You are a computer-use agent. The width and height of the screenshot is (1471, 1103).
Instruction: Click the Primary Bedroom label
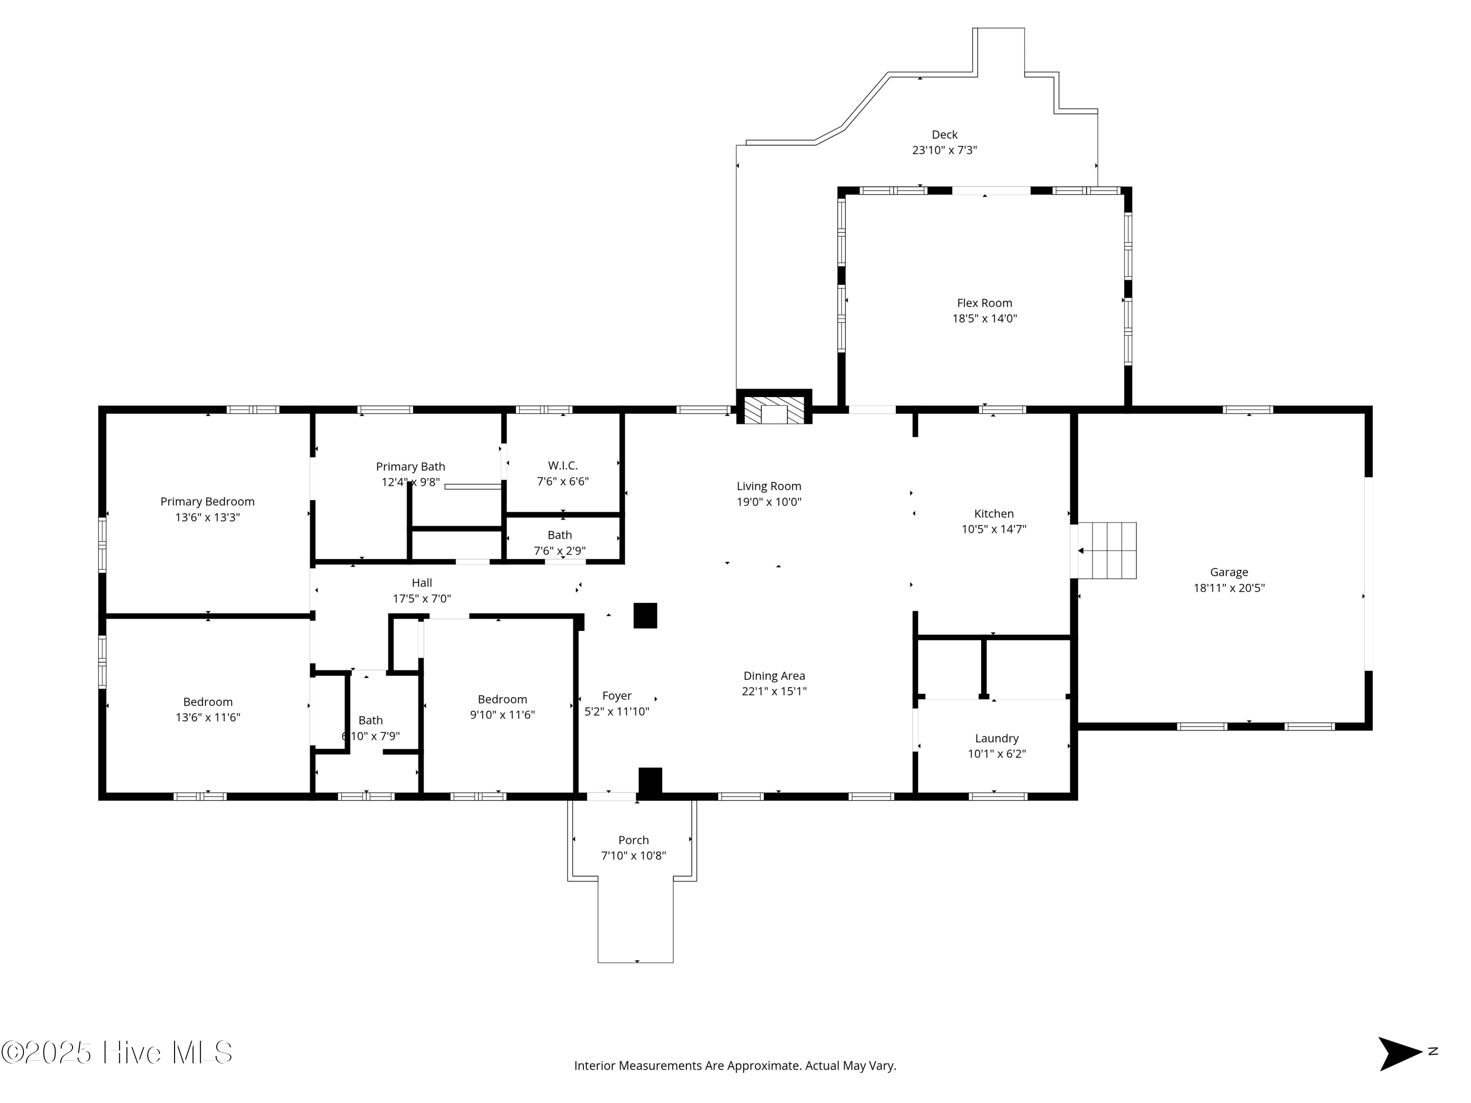pyautogui.click(x=207, y=502)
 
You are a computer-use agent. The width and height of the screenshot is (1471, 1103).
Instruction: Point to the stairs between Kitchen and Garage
pyautogui.click(x=1107, y=551)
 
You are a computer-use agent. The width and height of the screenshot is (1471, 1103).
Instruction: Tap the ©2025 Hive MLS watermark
pyautogui.click(x=117, y=1053)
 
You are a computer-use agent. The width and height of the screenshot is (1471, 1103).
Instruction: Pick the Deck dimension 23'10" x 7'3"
pyautogui.click(x=944, y=150)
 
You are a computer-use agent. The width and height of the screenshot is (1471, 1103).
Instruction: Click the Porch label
pyautogui.click(x=634, y=840)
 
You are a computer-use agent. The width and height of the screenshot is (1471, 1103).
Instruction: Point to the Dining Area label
pyautogui.click(x=774, y=676)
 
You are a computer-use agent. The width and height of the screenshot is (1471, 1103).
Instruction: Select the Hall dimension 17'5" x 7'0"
pyautogui.click(x=422, y=599)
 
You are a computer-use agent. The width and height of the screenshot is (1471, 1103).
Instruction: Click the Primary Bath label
pyautogui.click(x=410, y=467)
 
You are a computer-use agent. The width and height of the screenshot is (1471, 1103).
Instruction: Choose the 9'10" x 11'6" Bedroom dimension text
pyautogui.click(x=503, y=715)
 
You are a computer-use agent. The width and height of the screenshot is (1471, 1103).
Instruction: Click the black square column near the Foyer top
pyautogui.click(x=645, y=616)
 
